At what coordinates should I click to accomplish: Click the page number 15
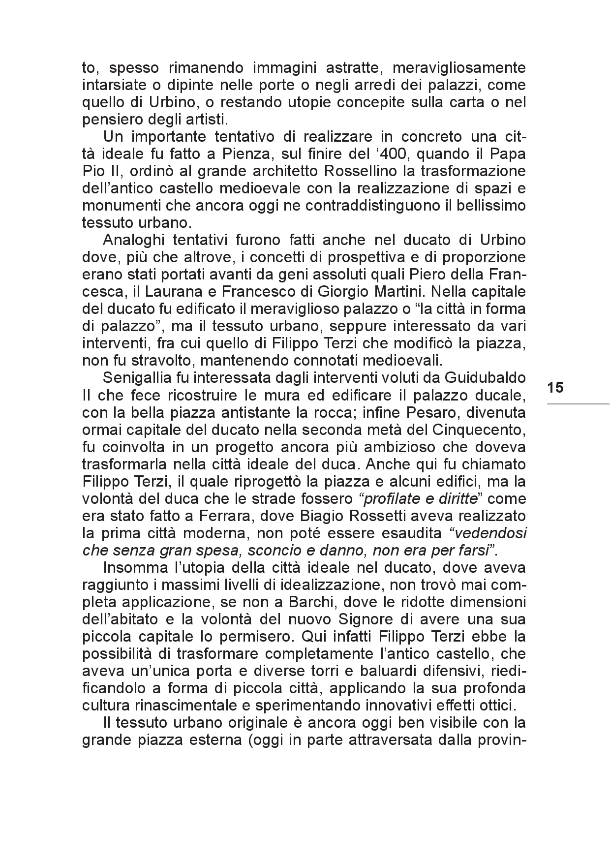pos(555,387)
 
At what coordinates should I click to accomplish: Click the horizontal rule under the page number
pos(578,404)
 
